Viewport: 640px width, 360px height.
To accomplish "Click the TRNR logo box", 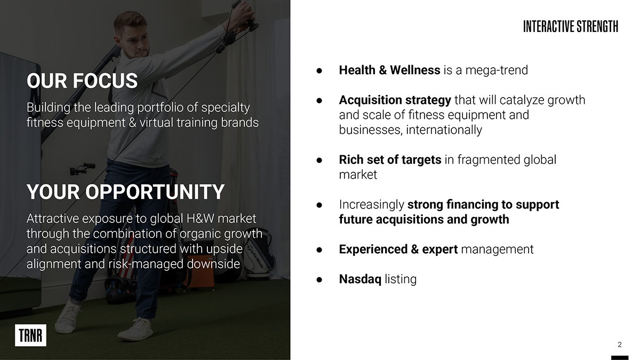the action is pos(30,335).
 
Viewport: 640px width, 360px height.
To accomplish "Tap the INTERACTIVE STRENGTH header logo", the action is pos(571,26).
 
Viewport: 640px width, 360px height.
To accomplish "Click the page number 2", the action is pos(619,345).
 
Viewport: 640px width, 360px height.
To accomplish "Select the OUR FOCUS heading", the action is pos(82,81).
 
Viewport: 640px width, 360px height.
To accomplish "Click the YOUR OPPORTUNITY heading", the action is pos(125,191).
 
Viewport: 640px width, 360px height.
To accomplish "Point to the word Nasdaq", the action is pos(360,279).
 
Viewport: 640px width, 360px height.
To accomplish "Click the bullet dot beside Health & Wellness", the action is pos(319,70).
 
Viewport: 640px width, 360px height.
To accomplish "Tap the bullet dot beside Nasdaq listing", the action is pos(319,279).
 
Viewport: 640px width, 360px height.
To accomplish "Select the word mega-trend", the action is pos(497,70).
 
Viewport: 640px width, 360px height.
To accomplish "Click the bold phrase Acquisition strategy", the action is pos(395,100).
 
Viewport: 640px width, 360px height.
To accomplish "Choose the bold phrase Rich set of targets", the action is pos(390,159).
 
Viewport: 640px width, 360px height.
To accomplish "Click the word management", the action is pos(497,250).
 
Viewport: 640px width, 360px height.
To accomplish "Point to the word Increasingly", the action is pos(371,205).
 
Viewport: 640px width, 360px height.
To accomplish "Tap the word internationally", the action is pos(444,130).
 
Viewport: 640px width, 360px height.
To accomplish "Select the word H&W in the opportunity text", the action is pos(200,219).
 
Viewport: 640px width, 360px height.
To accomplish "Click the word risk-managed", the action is pos(146,264).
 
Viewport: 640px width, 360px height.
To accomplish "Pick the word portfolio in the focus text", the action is pos(160,108).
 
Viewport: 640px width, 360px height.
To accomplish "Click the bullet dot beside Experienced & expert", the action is pos(319,250).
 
